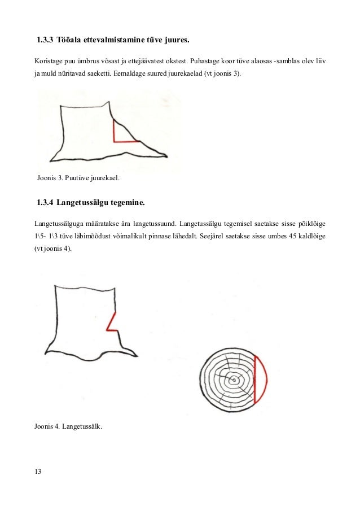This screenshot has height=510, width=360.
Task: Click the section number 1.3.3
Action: [45, 41]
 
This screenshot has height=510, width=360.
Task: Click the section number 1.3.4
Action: [45, 202]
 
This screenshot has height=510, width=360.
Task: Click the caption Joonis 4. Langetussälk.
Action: [69, 425]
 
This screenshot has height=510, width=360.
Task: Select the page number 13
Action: [38, 472]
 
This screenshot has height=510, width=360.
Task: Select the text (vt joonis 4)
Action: [53, 249]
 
